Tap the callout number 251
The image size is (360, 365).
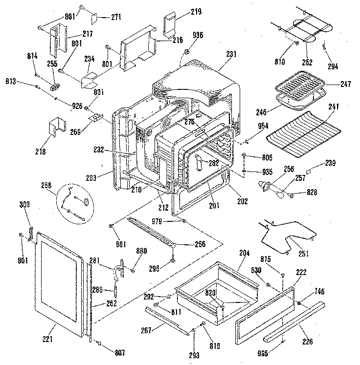click(303, 253)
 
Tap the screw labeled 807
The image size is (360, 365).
click(99, 343)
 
